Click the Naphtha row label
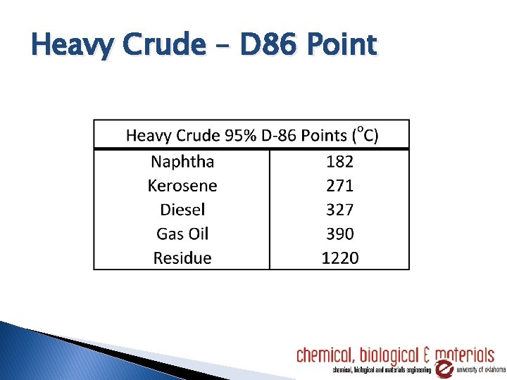[182, 162]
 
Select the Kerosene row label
[182, 186]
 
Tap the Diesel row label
[182, 210]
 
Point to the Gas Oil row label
[182, 234]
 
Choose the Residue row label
[182, 258]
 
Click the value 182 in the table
[339, 162]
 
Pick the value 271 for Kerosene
[339, 186]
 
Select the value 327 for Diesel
[339, 210]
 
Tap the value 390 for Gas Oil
[339, 234]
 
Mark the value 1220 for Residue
[339, 258]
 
